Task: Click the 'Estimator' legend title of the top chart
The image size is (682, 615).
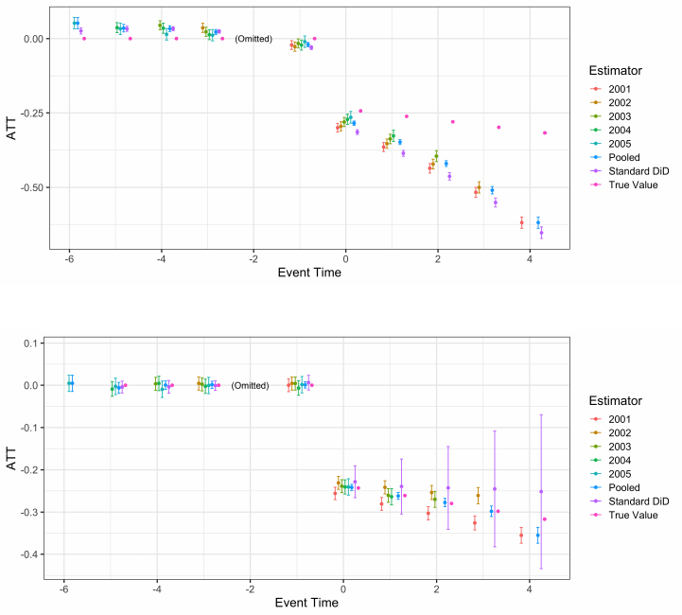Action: (x=613, y=70)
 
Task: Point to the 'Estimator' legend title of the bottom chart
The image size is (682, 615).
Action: (x=613, y=398)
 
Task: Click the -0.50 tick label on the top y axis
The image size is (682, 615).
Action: (x=28, y=187)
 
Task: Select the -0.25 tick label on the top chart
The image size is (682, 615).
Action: (x=28, y=113)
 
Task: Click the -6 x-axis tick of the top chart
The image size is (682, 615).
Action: (x=69, y=258)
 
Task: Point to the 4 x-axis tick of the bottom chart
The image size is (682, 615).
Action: (x=528, y=588)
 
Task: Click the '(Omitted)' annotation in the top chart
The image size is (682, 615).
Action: (x=254, y=39)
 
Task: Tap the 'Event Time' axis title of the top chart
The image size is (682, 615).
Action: (x=309, y=273)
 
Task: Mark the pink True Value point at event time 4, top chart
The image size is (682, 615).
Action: (x=545, y=132)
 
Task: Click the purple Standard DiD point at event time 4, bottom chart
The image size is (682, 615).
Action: (x=541, y=491)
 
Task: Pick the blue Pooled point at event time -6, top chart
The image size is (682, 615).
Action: (x=76, y=23)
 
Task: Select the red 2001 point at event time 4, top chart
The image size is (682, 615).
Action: (x=521, y=223)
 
